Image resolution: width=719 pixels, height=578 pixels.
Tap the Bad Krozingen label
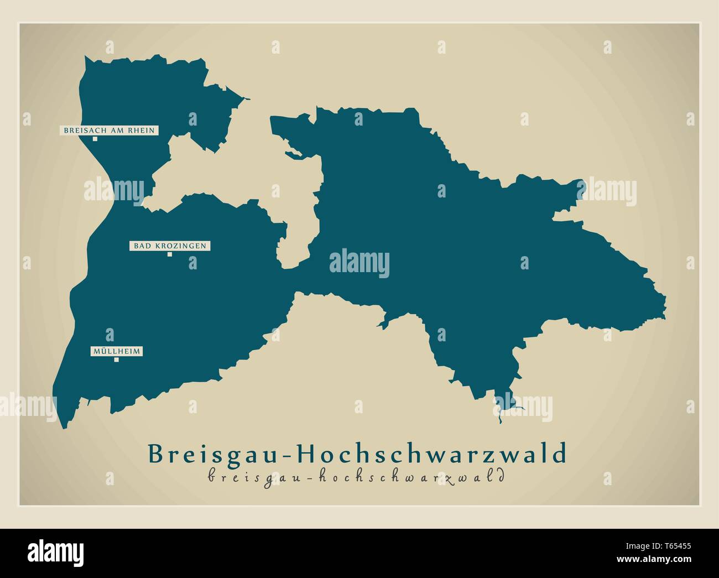click(x=170, y=246)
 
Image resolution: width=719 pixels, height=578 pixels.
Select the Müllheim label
click(x=116, y=351)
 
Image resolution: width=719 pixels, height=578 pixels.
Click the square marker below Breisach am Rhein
click(x=95, y=139)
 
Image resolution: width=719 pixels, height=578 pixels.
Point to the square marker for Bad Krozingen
click(x=170, y=254)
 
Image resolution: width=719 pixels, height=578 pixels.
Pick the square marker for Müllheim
click(x=116, y=360)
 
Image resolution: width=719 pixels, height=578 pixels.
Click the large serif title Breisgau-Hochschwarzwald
click(x=357, y=453)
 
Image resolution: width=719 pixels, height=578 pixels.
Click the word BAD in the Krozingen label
click(x=140, y=246)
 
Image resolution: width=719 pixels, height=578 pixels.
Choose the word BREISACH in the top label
click(x=82, y=131)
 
